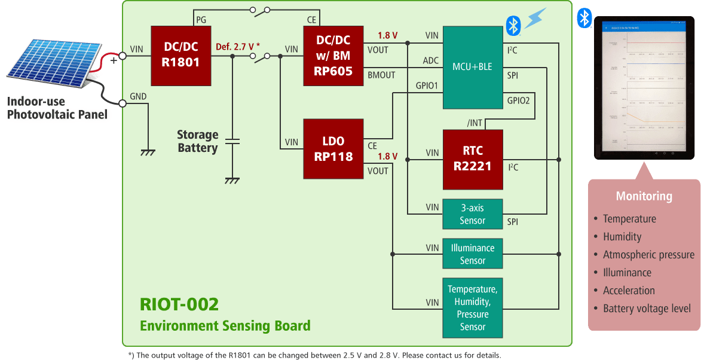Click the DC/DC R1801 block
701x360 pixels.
pyautogui.click(x=180, y=56)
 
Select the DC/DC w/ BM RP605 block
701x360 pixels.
pyautogui.click(x=333, y=56)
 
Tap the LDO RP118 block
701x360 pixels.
pyautogui.click(x=333, y=148)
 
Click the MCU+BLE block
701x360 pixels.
pyautogui.click(x=472, y=67)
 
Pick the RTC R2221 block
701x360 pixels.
pyautogui.click(x=472, y=158)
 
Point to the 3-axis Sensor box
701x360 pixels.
pyautogui.click(x=472, y=214)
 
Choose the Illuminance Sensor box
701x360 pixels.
pyautogui.click(x=472, y=254)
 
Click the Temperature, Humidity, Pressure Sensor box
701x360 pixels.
pyautogui.click(x=472, y=308)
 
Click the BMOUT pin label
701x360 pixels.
pyautogui.click(x=382, y=75)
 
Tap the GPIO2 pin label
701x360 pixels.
pyautogui.click(x=518, y=100)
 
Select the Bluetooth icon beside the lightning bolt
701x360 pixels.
pyautogui.click(x=512, y=25)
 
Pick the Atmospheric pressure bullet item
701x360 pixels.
pyautogui.click(x=648, y=255)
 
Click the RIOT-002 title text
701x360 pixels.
pyautogui.click(x=179, y=304)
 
